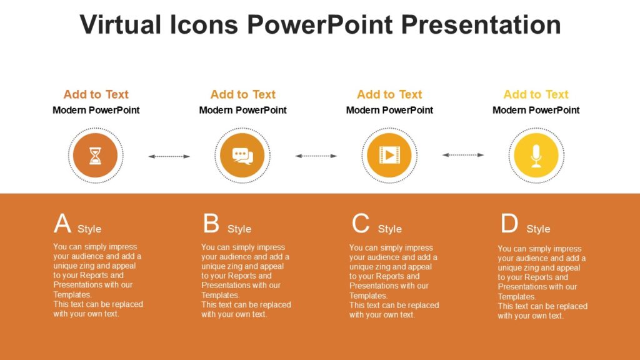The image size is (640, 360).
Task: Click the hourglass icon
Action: click(95, 155)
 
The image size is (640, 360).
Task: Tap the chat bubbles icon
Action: click(242, 155)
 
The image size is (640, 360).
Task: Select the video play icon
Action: click(389, 155)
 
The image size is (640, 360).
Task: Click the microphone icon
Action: click(536, 155)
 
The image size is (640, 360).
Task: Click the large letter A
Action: click(62, 224)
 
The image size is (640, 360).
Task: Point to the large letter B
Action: click(211, 224)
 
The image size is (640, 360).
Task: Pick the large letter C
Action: click(361, 224)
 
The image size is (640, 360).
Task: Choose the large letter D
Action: click(509, 224)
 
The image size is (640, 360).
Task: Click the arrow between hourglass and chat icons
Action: click(169, 156)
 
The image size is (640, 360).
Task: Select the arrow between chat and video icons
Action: click(316, 156)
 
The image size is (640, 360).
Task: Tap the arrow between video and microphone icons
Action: click(463, 154)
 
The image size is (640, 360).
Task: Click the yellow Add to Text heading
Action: click(536, 94)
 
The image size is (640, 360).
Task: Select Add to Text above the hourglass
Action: click(96, 94)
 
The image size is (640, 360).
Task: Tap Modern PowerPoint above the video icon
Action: click(389, 110)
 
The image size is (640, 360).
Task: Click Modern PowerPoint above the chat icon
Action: click(242, 110)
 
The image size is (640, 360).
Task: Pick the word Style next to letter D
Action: click(538, 229)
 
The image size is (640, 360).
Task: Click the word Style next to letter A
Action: click(89, 229)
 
